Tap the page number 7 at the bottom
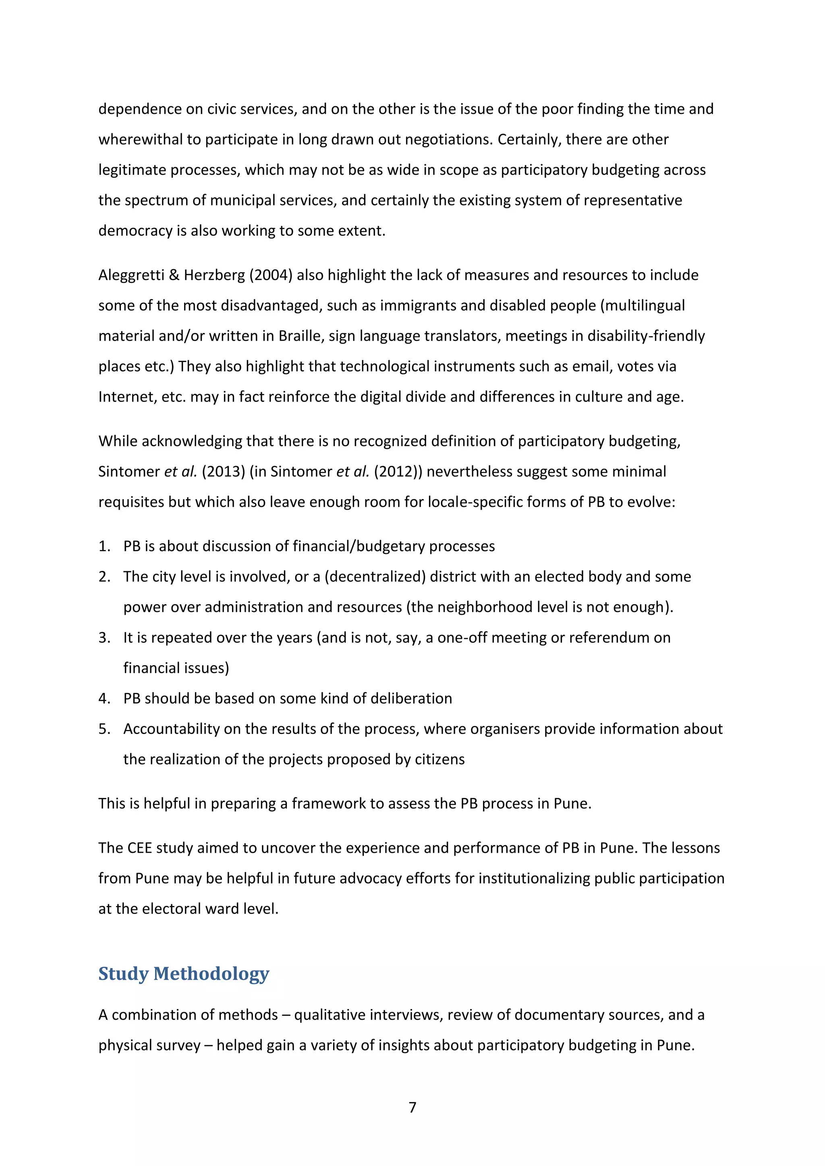(412, 1107)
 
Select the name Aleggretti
(131, 275)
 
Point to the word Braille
(298, 336)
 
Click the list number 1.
(104, 546)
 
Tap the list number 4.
(104, 699)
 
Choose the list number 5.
(104, 729)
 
